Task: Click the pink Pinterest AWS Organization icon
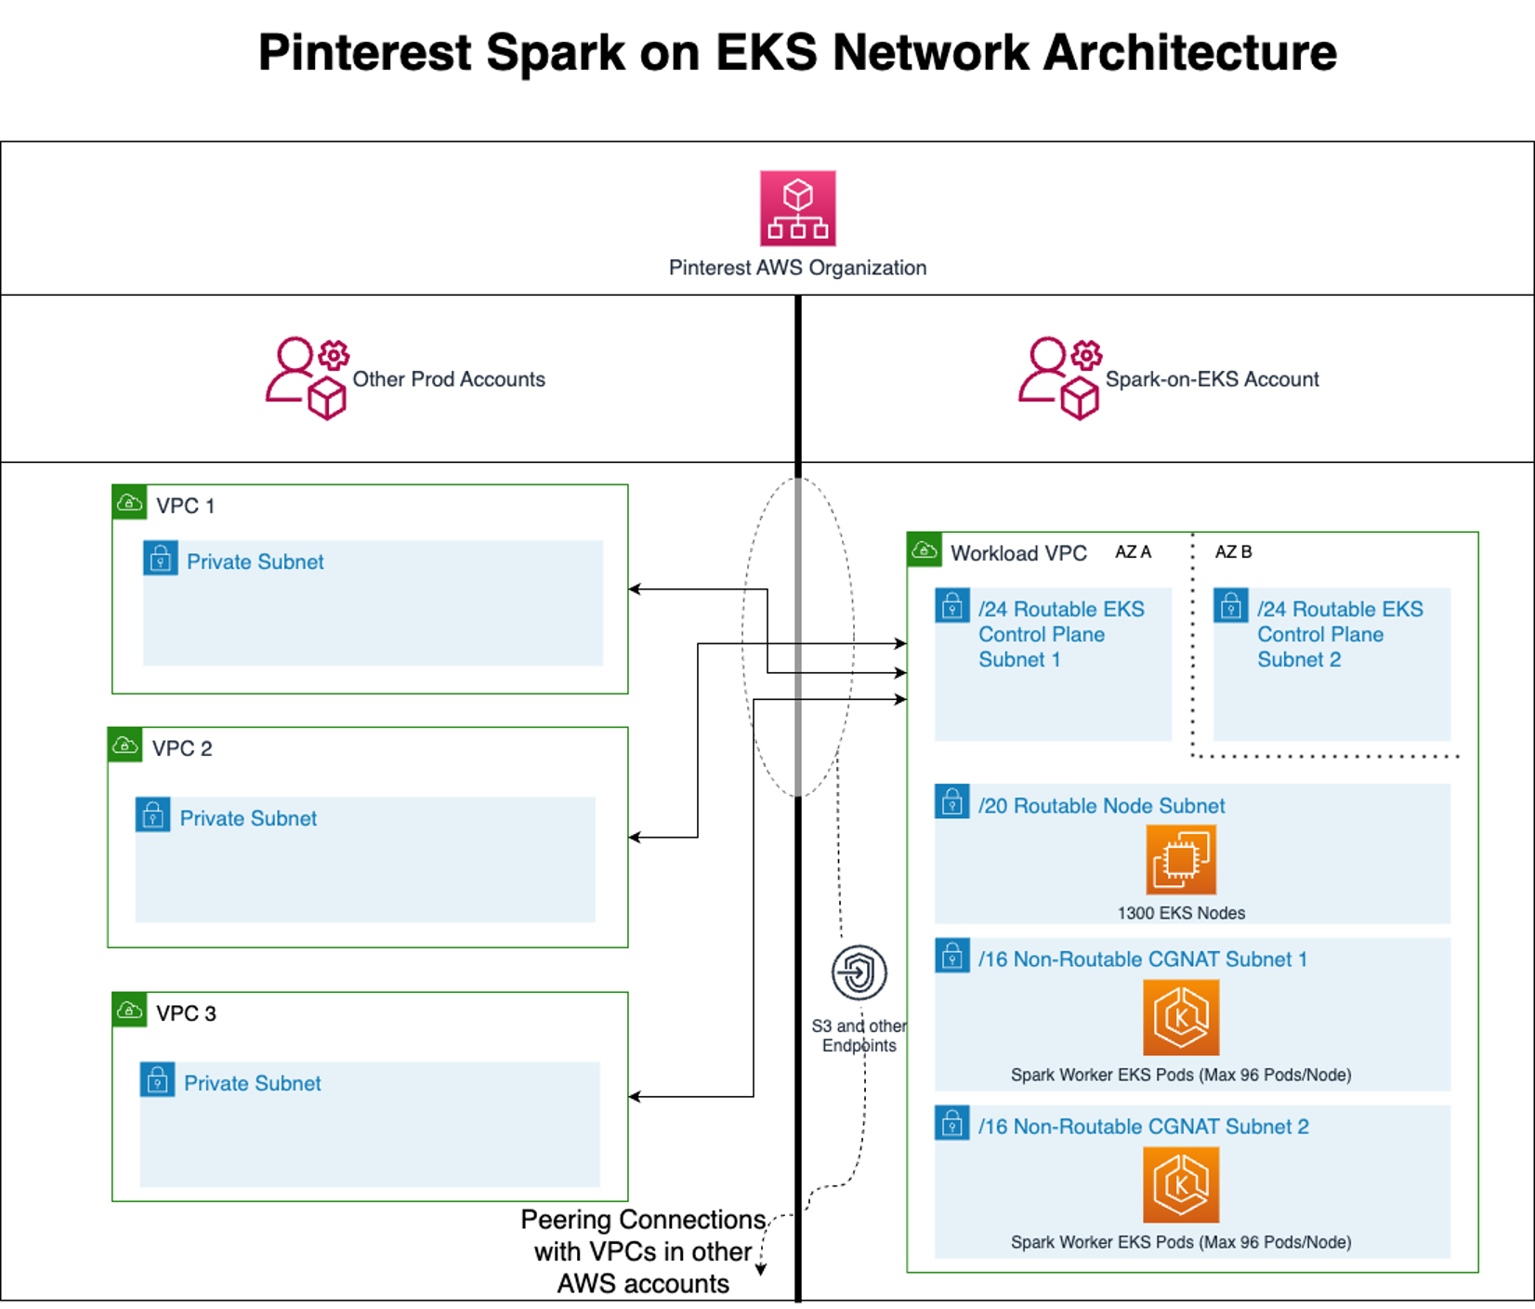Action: point(797,207)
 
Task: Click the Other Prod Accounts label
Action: point(449,379)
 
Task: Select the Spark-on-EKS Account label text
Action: point(1212,379)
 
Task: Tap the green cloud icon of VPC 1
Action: point(129,503)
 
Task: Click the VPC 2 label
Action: point(182,748)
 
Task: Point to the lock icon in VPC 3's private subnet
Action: point(157,1080)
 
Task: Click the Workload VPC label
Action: point(1018,553)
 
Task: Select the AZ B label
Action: point(1233,552)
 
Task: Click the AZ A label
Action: point(1133,552)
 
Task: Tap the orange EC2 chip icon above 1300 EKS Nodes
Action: point(1180,859)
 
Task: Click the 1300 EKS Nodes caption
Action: point(1181,913)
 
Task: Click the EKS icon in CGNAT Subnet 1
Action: point(1180,1017)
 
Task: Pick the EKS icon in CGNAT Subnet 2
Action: point(1180,1184)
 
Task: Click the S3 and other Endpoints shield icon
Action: point(859,972)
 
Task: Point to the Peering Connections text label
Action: point(643,1251)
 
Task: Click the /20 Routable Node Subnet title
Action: point(1101,806)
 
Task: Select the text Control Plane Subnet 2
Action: point(1320,647)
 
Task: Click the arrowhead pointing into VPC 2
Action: point(634,838)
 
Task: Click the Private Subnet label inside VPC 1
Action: point(256,562)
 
